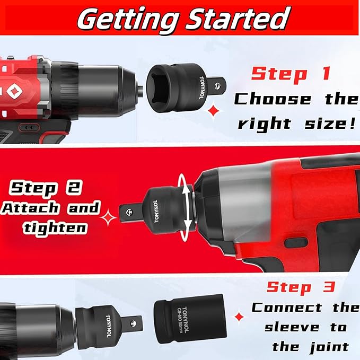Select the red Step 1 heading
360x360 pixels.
[291, 73]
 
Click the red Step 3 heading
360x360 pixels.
[300, 287]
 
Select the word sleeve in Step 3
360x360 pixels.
[290, 327]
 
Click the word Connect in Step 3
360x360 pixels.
[286, 308]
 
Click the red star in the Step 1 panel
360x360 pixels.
[214, 110]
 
